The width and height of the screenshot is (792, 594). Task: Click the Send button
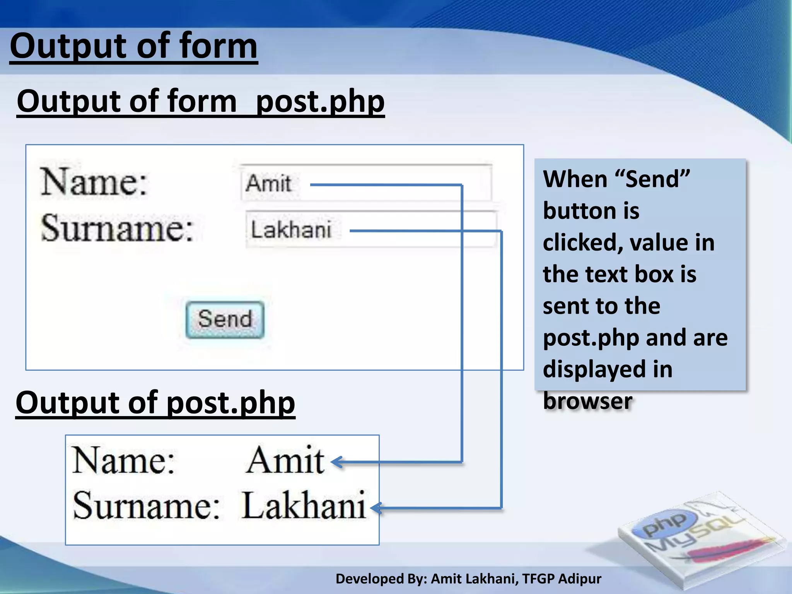tap(225, 319)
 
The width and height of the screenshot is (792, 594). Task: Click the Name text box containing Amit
tap(366, 183)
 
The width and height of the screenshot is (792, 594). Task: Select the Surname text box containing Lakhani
tap(370, 229)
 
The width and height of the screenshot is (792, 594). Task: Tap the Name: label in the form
tap(94, 182)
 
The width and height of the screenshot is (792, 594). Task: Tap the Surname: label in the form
tap(117, 228)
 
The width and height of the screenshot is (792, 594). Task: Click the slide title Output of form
tap(133, 46)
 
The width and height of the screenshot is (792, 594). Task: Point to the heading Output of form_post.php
tap(200, 101)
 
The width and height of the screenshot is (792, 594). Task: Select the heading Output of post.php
tap(155, 403)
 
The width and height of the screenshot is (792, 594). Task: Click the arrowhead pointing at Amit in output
tap(336, 462)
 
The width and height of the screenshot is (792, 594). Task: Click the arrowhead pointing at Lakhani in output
tap(376, 508)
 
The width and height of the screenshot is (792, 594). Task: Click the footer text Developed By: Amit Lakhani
tap(468, 579)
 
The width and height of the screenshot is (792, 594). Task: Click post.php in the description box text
tap(591, 338)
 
